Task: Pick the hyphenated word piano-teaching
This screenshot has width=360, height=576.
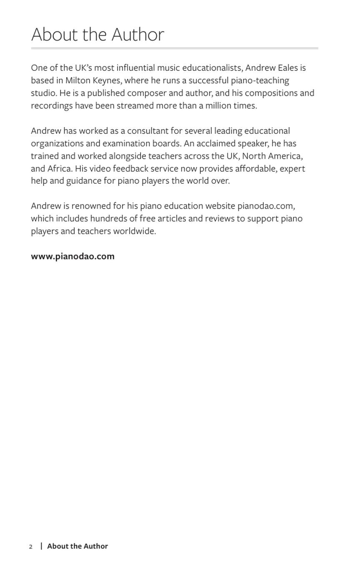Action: pyautogui.click(x=260, y=80)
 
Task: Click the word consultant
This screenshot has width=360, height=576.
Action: pyautogui.click(x=147, y=131)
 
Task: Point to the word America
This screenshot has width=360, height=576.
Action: pyautogui.click(x=285, y=156)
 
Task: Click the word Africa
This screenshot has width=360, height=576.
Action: pyautogui.click(x=60, y=168)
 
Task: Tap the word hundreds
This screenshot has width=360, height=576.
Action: pyautogui.click(x=108, y=218)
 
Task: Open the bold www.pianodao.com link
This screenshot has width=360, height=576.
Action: pyautogui.click(x=72, y=256)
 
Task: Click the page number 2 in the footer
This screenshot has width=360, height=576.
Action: pyautogui.click(x=30, y=546)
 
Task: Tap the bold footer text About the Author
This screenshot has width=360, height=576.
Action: pyautogui.click(x=77, y=546)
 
